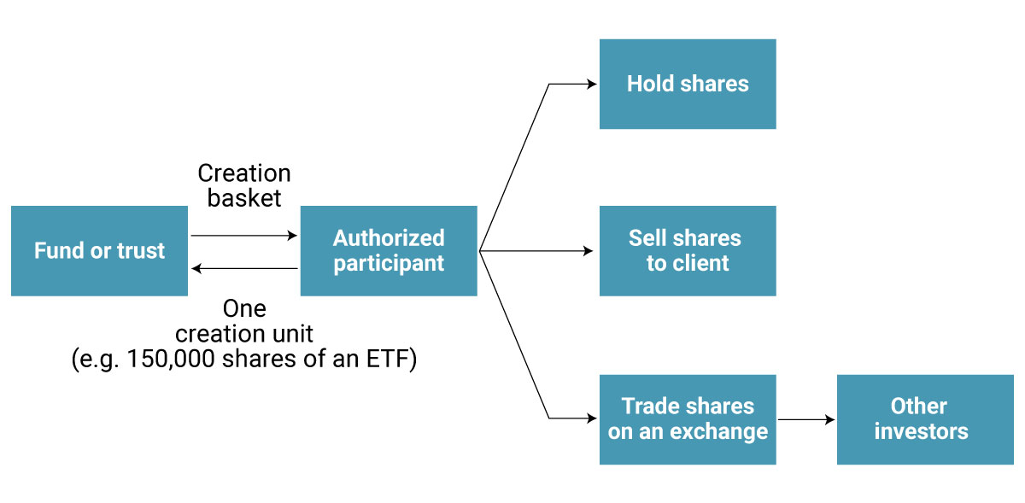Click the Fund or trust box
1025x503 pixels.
99,251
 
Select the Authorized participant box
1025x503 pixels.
389,251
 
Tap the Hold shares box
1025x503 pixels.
688,84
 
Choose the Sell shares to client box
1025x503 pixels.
688,251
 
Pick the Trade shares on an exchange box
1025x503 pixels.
688,419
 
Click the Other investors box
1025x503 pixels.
925,419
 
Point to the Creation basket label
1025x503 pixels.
244,186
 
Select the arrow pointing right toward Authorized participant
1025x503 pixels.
243,235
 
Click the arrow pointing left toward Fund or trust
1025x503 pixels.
243,269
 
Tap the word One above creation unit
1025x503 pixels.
244,308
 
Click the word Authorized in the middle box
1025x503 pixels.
389,238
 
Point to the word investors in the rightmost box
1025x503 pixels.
921,432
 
